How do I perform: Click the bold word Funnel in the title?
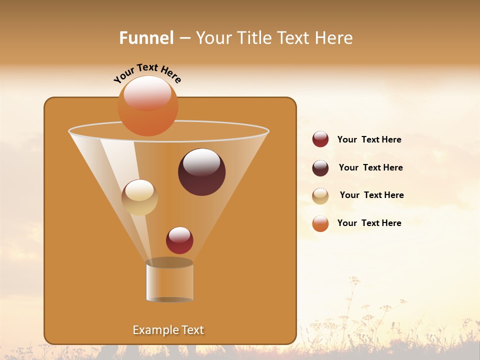(146, 38)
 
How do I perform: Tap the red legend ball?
(320, 139)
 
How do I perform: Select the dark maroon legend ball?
(320, 168)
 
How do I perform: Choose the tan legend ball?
(320, 196)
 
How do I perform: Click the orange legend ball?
(320, 224)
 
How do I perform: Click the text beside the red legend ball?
(369, 140)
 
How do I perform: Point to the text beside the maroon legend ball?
(370, 168)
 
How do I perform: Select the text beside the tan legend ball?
(371, 195)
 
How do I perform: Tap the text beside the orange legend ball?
(369, 223)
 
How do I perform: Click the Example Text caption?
(168, 330)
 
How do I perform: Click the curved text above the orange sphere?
(147, 72)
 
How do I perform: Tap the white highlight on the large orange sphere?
(147, 93)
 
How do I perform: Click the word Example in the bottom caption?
(152, 330)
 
